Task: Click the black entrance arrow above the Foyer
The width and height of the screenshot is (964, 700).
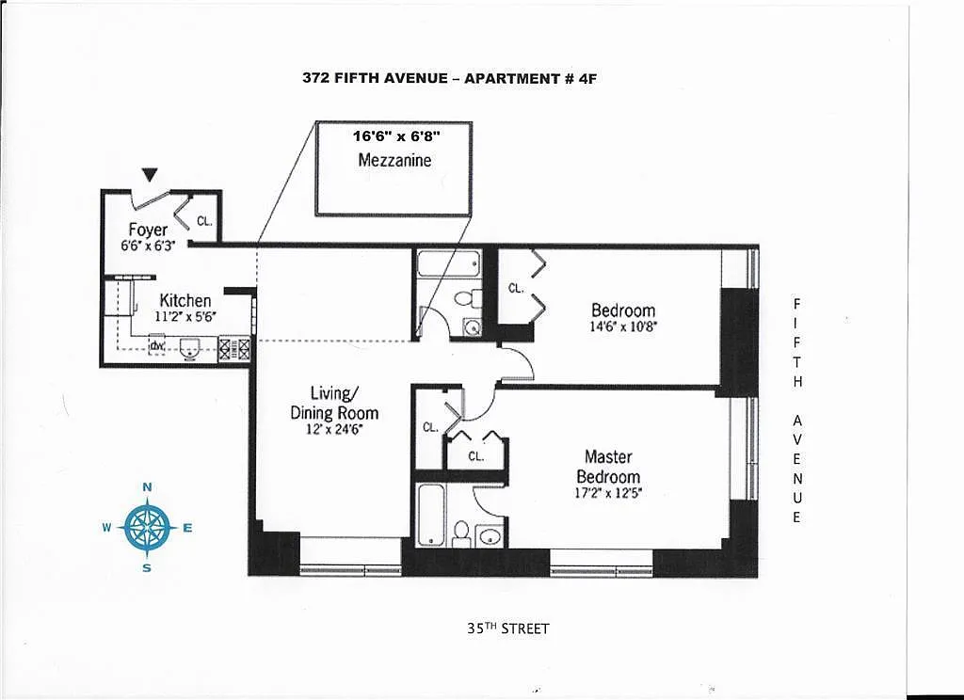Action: click(x=149, y=175)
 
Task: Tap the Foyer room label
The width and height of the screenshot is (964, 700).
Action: click(x=148, y=230)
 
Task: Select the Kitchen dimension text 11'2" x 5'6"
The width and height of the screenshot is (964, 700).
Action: click(x=185, y=316)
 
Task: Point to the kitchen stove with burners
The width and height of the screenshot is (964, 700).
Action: click(x=234, y=348)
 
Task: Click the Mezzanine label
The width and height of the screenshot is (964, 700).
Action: click(x=394, y=160)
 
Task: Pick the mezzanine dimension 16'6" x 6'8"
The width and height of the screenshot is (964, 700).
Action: click(x=396, y=135)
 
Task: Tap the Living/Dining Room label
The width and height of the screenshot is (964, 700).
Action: click(x=334, y=403)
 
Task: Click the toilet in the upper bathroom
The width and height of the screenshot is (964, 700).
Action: click(x=467, y=298)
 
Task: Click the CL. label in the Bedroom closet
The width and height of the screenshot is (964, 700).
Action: click(x=515, y=288)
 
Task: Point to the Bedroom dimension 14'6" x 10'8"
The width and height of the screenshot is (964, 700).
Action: click(x=623, y=327)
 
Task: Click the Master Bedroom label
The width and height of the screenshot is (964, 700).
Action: click(x=608, y=467)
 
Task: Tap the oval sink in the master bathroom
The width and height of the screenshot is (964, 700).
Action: click(x=490, y=536)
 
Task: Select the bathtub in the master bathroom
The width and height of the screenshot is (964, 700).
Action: click(x=430, y=515)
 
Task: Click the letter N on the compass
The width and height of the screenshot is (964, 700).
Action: click(x=147, y=486)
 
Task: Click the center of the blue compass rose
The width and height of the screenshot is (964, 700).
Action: click(x=147, y=528)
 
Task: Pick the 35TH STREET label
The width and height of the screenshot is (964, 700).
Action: click(x=507, y=628)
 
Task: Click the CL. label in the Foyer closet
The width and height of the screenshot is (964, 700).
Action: click(x=204, y=221)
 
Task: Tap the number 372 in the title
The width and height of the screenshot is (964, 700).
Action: click(x=314, y=78)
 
